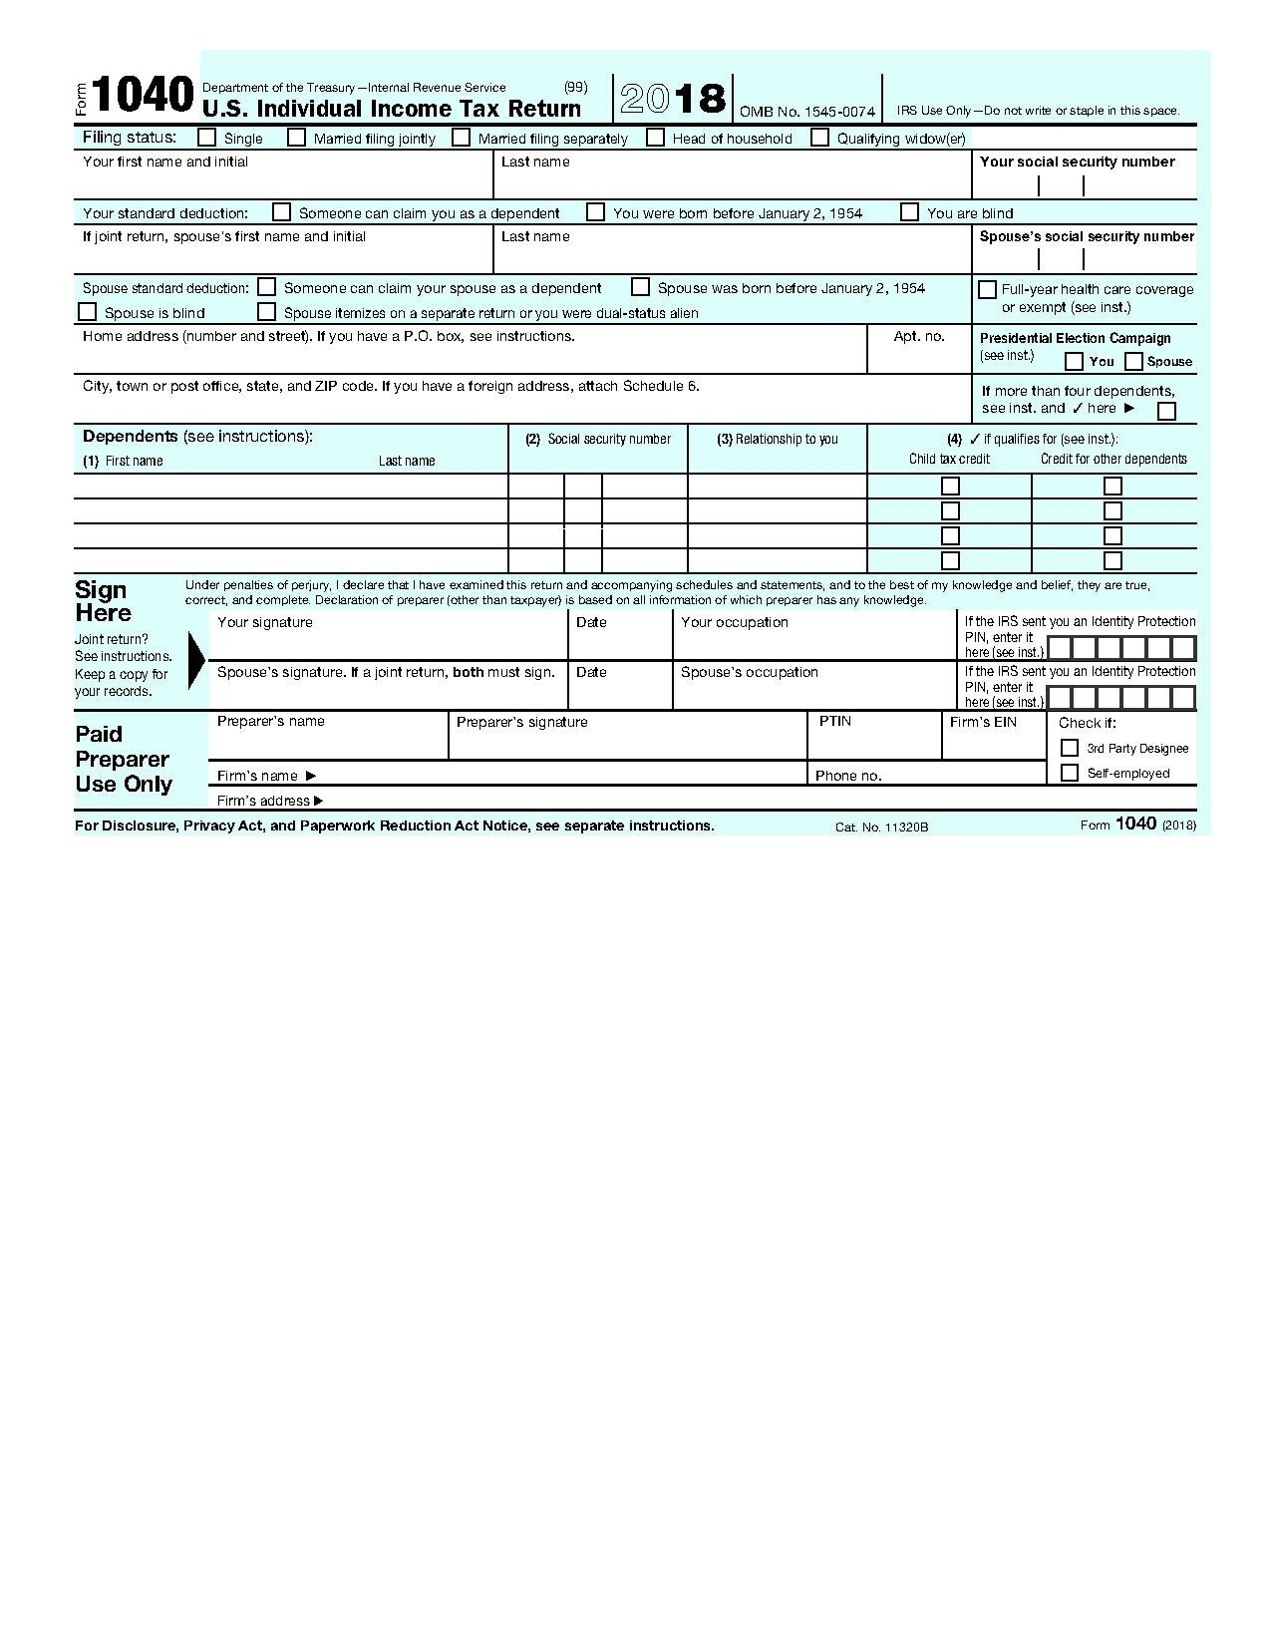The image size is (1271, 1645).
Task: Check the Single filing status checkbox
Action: [207, 138]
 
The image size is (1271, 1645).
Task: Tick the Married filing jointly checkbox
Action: [296, 138]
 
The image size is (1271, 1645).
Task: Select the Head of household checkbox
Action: [655, 138]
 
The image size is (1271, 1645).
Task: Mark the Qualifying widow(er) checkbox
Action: [819, 138]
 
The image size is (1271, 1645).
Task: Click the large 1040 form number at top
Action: [144, 97]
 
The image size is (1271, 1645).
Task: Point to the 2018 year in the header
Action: [673, 98]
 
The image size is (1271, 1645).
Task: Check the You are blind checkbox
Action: [909, 212]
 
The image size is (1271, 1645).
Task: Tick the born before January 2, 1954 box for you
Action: [595, 212]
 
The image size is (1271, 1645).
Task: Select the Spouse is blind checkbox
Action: [88, 312]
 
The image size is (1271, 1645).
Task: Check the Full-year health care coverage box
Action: [987, 289]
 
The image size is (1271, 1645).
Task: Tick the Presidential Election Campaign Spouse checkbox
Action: [1133, 361]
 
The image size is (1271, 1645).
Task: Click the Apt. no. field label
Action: [918, 336]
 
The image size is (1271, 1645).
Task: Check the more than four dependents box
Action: [1166, 411]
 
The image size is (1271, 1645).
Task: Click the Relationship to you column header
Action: [778, 439]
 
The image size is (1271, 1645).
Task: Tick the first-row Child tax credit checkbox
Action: [950, 487]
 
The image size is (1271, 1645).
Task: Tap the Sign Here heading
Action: [103, 601]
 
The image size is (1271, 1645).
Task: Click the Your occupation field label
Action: [734, 622]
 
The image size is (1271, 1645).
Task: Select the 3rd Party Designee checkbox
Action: [1070, 748]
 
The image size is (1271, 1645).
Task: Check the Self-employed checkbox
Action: [1070, 773]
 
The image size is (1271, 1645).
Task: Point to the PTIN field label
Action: [834, 721]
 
